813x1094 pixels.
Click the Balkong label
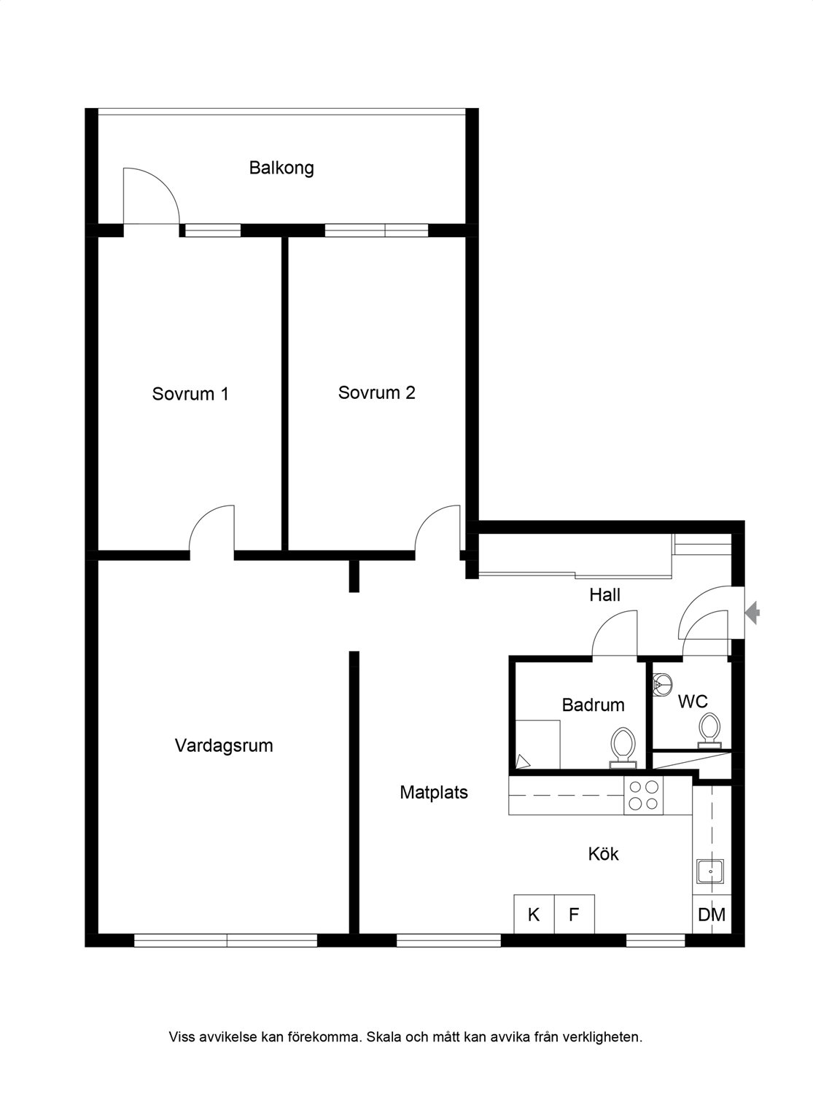(x=281, y=168)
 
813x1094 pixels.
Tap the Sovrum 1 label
(x=190, y=394)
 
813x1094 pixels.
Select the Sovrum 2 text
(x=376, y=393)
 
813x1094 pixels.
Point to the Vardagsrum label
(x=223, y=746)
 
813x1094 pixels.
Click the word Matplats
(x=434, y=793)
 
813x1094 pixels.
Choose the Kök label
(x=603, y=854)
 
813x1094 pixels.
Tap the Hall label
(x=604, y=595)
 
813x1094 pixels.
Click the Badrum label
(x=593, y=705)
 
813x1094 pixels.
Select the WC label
(x=693, y=702)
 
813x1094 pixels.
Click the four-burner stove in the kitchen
(x=643, y=796)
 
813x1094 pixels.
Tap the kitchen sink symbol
(x=710, y=872)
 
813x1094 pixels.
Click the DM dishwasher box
(x=712, y=915)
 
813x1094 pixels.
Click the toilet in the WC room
(x=709, y=730)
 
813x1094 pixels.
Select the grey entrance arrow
(x=752, y=613)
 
